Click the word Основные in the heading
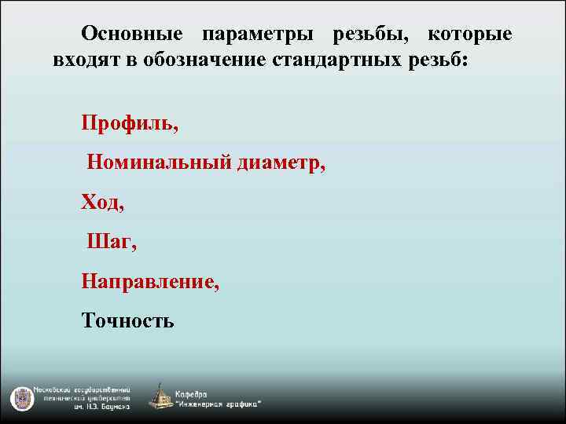click(x=132, y=35)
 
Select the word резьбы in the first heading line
click(x=371, y=35)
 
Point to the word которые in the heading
click(x=469, y=35)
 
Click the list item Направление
click(x=150, y=281)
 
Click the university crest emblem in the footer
click(x=20, y=398)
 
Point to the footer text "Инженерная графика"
click(x=219, y=404)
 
